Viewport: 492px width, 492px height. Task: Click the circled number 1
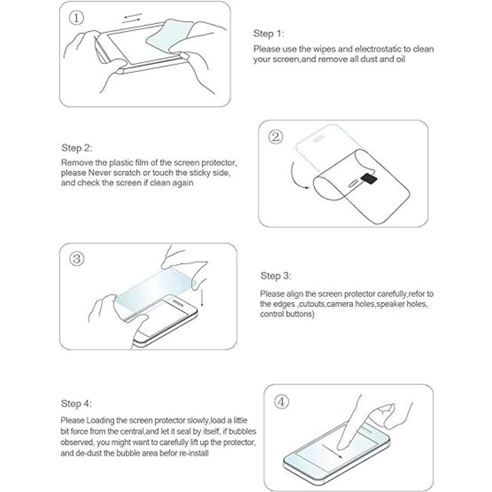point(76,18)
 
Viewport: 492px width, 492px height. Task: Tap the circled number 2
point(276,137)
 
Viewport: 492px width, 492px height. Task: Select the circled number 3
point(77,259)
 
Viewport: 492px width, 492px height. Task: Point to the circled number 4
point(281,402)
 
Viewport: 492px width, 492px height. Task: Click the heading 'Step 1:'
point(269,34)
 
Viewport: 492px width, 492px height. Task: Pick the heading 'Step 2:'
point(77,148)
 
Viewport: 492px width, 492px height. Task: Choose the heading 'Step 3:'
point(276,276)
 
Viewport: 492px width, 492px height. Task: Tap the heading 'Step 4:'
point(76,403)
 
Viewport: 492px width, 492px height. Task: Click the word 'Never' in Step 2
point(100,173)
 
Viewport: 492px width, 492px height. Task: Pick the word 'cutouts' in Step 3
point(312,304)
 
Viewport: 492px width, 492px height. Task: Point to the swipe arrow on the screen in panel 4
point(332,451)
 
